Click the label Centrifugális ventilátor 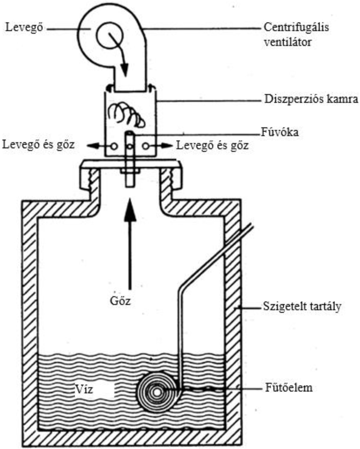(296, 34)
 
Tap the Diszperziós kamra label (311, 99)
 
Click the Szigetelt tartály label (302, 307)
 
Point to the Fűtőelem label (289, 387)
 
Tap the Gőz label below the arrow (120, 300)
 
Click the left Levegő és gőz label (38, 145)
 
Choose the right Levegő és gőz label (212, 146)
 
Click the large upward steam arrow (130, 244)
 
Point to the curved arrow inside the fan (119, 51)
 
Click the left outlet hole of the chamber (114, 146)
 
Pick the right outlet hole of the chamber (146, 146)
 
